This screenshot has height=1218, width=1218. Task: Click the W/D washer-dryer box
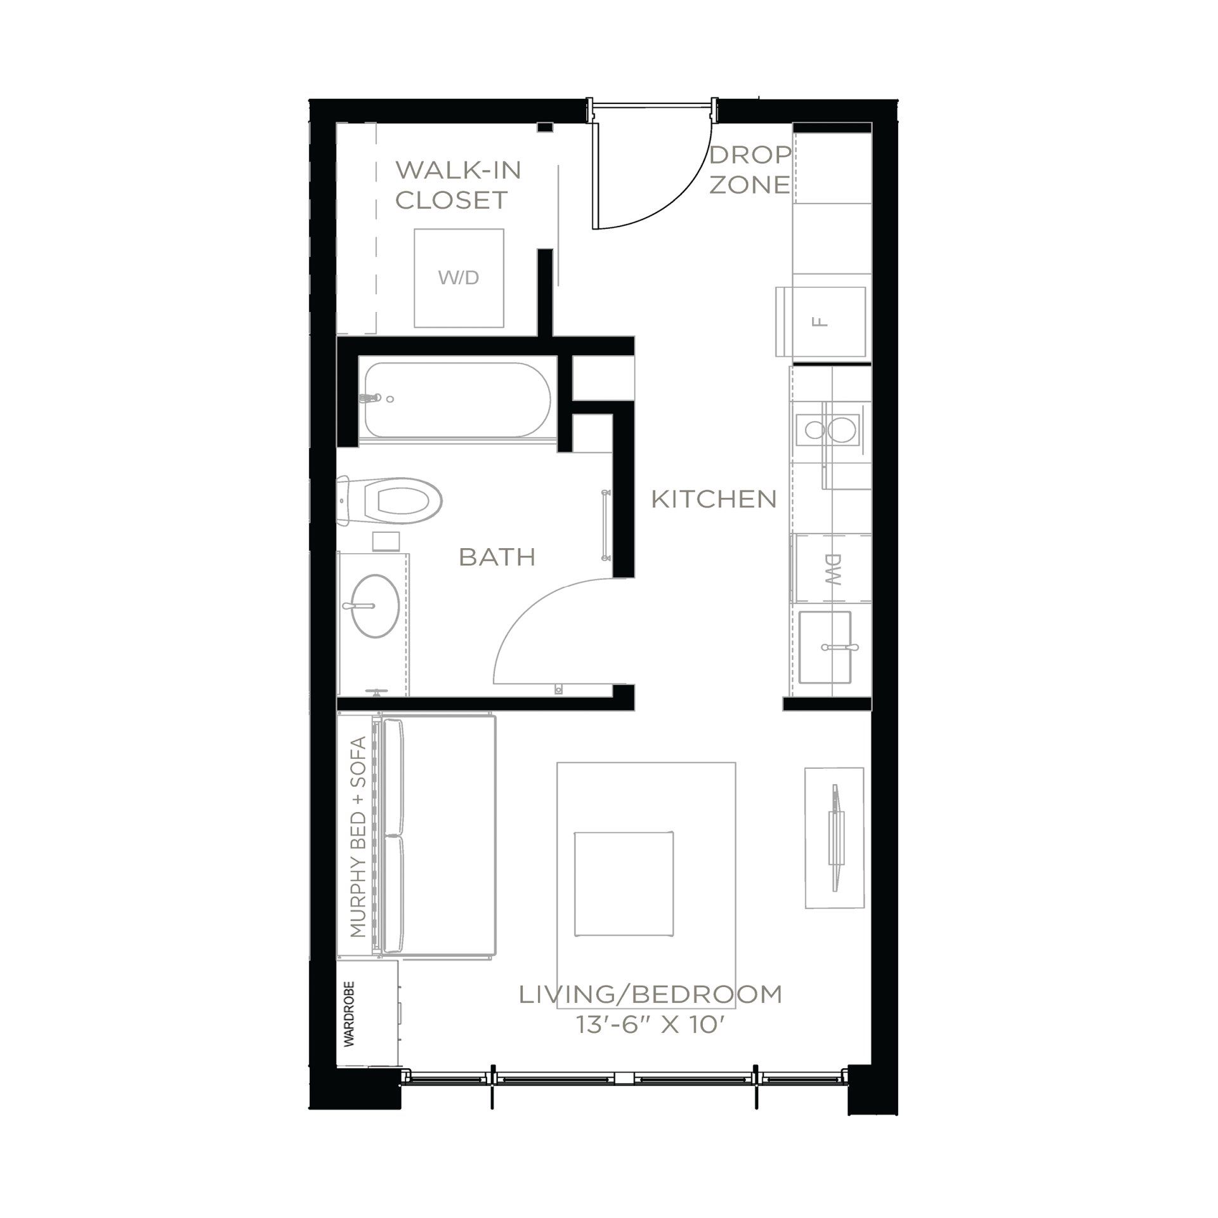tap(459, 277)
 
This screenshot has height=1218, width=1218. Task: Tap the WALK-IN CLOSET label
tap(458, 185)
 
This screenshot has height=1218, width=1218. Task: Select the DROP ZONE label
tap(750, 169)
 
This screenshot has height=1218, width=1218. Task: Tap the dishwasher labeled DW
tap(831, 568)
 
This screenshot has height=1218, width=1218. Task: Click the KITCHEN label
tap(714, 500)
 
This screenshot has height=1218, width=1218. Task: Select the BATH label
tap(497, 558)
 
